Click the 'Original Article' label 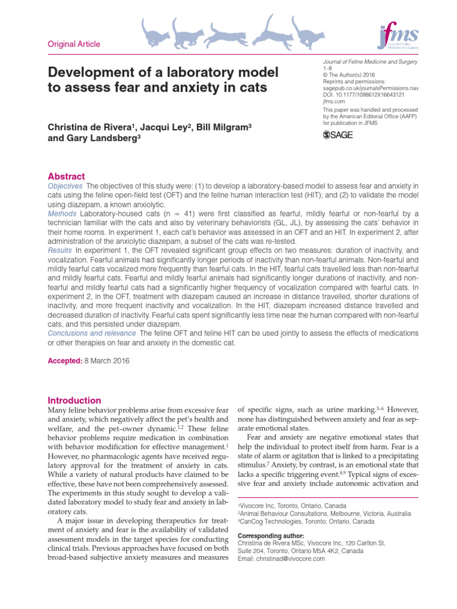[x=74, y=44]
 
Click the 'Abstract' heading [x=66, y=177]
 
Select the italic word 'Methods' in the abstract [x=62, y=214]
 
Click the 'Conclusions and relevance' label [x=92, y=333]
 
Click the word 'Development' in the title [x=89, y=73]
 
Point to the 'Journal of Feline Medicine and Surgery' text [x=370, y=62]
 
